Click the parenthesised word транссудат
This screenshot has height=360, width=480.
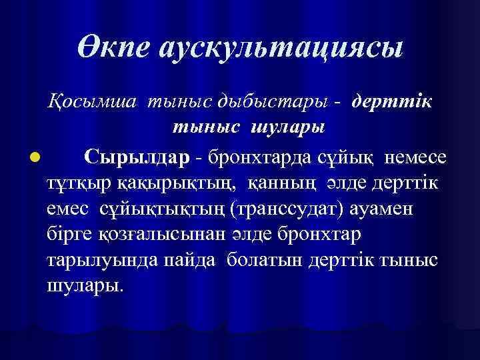coord(293,209)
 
